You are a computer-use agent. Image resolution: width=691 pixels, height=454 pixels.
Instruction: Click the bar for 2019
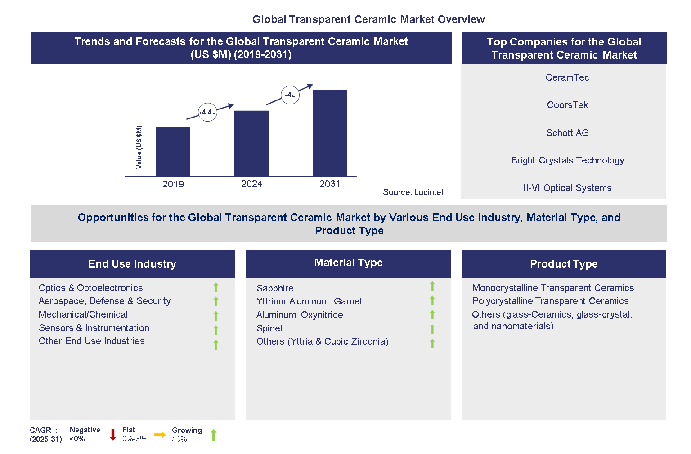tap(173, 151)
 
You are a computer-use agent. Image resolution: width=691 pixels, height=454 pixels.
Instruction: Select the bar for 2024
tap(251, 143)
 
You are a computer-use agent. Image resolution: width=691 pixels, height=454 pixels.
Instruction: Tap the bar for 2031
tap(330, 133)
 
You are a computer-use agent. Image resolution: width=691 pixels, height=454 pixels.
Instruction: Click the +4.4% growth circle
tap(207, 112)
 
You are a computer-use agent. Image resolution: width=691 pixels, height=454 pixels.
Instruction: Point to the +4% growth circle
tap(290, 95)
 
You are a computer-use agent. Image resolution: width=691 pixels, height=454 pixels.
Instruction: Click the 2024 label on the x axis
tap(251, 184)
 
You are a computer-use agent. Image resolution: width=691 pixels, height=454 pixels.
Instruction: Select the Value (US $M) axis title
tap(139, 147)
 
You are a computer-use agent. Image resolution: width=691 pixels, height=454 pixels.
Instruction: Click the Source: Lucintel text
tap(413, 192)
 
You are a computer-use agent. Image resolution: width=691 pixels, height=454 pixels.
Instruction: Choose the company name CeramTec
tap(567, 77)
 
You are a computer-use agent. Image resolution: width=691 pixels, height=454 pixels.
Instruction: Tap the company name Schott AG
tap(567, 133)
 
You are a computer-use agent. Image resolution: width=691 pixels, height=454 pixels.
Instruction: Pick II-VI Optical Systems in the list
tap(567, 188)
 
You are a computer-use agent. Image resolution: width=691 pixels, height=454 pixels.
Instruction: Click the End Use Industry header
tap(132, 264)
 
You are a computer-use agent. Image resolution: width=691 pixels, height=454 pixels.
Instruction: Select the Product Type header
tap(563, 264)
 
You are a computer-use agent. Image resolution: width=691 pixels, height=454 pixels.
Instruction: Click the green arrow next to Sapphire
tap(432, 286)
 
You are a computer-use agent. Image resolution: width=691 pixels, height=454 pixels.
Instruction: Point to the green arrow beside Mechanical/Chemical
tap(216, 316)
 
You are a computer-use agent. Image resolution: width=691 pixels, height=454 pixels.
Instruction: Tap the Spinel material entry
tap(269, 328)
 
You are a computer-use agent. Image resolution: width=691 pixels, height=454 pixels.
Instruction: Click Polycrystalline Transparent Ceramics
tap(550, 301)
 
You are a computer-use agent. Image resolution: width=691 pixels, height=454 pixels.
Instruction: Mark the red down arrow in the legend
tap(113, 435)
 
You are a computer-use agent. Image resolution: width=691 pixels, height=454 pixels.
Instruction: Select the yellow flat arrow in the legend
tap(159, 435)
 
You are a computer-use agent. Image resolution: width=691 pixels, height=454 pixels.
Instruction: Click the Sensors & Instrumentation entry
tap(94, 328)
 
